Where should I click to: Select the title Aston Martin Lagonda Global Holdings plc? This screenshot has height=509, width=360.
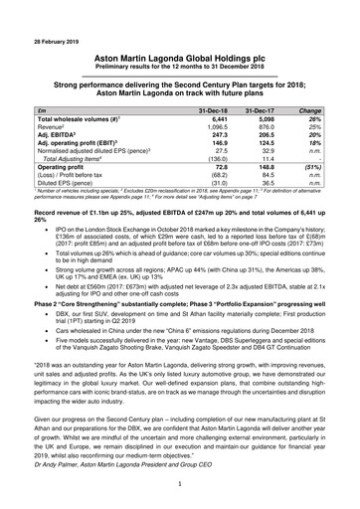(x=180, y=60)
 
